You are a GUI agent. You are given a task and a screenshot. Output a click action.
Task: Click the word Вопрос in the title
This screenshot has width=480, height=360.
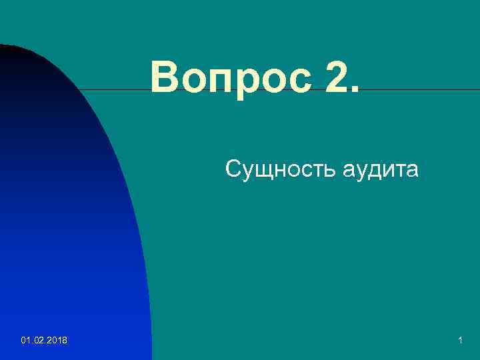click(x=231, y=78)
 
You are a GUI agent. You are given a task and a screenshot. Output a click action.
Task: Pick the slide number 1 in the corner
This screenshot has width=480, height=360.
click(x=461, y=341)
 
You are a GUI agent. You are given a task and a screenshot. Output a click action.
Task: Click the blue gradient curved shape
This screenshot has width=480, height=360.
click(x=67, y=233)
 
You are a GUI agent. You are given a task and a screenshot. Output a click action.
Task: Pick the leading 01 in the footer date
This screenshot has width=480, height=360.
click(x=25, y=341)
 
